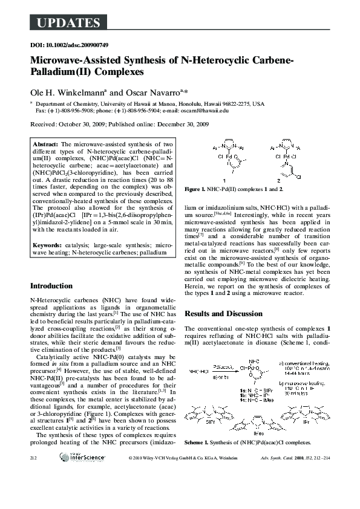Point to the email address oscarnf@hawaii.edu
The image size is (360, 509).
tap(206, 111)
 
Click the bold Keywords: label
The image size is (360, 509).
tap(50, 244)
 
